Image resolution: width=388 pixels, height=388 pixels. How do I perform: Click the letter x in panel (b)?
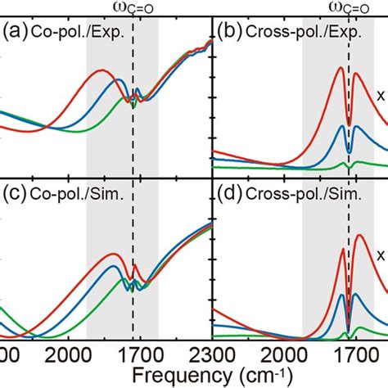(380, 96)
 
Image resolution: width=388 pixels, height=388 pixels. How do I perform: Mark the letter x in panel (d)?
(380, 255)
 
